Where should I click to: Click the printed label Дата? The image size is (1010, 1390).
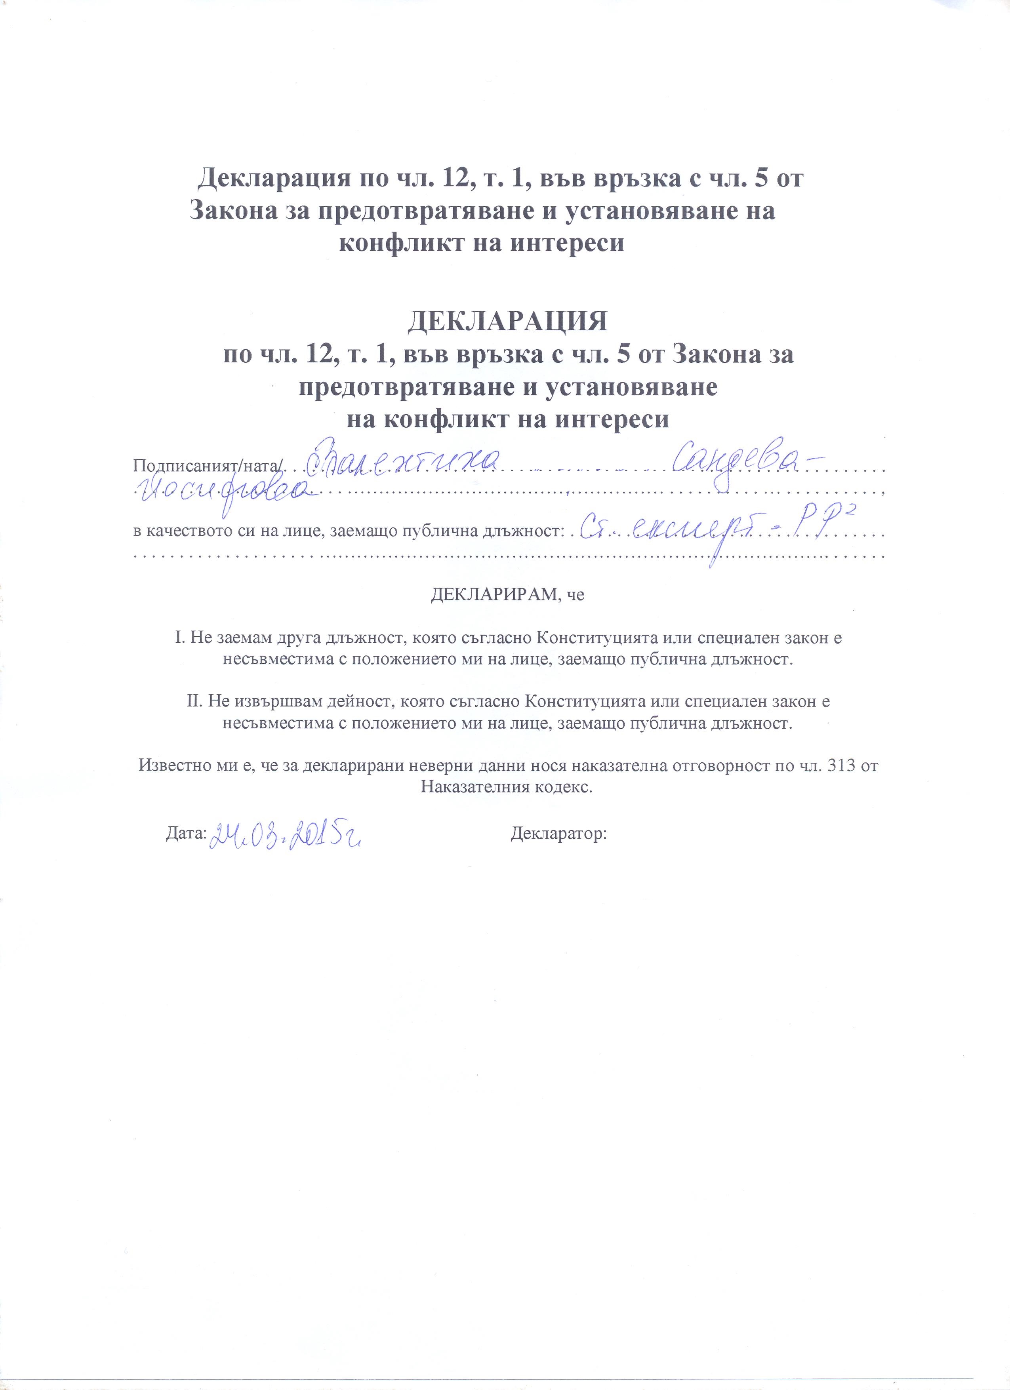click(x=186, y=834)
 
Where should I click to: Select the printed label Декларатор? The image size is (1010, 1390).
click(x=558, y=834)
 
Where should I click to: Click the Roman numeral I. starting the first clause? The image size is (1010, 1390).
click(x=179, y=638)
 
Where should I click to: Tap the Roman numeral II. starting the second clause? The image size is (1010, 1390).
click(x=194, y=701)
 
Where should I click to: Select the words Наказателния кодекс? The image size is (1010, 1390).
click(x=507, y=787)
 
